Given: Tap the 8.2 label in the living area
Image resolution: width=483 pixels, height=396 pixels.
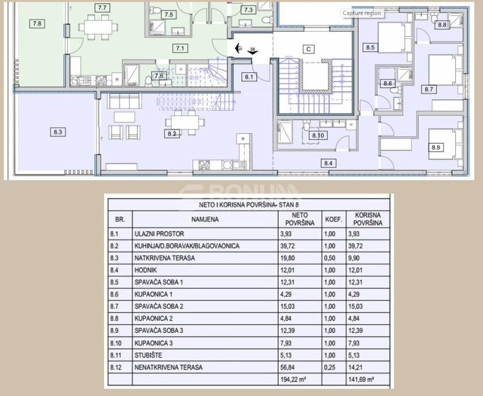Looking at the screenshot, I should pyautogui.click(x=171, y=134).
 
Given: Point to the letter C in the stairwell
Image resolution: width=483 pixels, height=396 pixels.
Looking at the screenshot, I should pyautogui.click(x=308, y=49).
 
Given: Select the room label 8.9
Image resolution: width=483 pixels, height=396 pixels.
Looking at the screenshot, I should pyautogui.click(x=436, y=147).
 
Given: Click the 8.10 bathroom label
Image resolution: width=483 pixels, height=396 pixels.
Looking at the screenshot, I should pyautogui.click(x=318, y=135).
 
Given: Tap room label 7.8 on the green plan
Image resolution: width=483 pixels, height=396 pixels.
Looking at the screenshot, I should pyautogui.click(x=37, y=24).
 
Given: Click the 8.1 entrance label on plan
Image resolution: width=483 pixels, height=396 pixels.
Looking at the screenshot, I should pyautogui.click(x=248, y=76).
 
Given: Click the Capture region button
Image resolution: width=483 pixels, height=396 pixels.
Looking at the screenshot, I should pyautogui.click(x=361, y=13).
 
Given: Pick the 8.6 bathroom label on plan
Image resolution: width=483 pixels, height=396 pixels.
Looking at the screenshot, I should pyautogui.click(x=388, y=84).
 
